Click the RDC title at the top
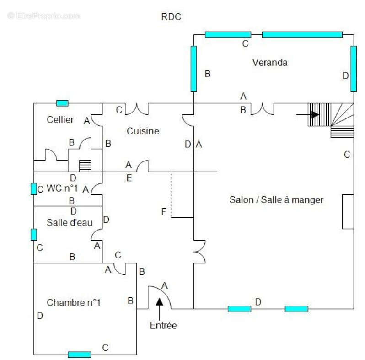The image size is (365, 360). pos(171,17)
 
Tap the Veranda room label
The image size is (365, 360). pos(270,62)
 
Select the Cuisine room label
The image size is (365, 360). pos(143,131)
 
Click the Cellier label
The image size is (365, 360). pos(60,120)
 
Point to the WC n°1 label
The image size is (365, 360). pos(62,188)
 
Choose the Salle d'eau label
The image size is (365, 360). pos(70,222)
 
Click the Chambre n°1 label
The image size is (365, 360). pos(74,302)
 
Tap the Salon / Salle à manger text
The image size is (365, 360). pos(276,200)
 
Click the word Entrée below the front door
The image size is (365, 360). pos(163,325)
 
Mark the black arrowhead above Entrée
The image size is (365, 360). pos(160,301)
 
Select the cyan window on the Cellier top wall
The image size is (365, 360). pos(62,103)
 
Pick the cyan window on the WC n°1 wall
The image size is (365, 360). pos(34,189)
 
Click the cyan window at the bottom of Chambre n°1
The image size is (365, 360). pos(80,355)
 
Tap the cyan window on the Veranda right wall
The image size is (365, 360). pos(354,69)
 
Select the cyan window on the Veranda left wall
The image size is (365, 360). pos(193,69)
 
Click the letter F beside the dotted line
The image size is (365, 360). pos(164,211)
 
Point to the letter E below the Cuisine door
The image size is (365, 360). pos(129,178)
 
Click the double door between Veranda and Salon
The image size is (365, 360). pos(263,109)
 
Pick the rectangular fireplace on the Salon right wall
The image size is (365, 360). pos(348,212)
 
